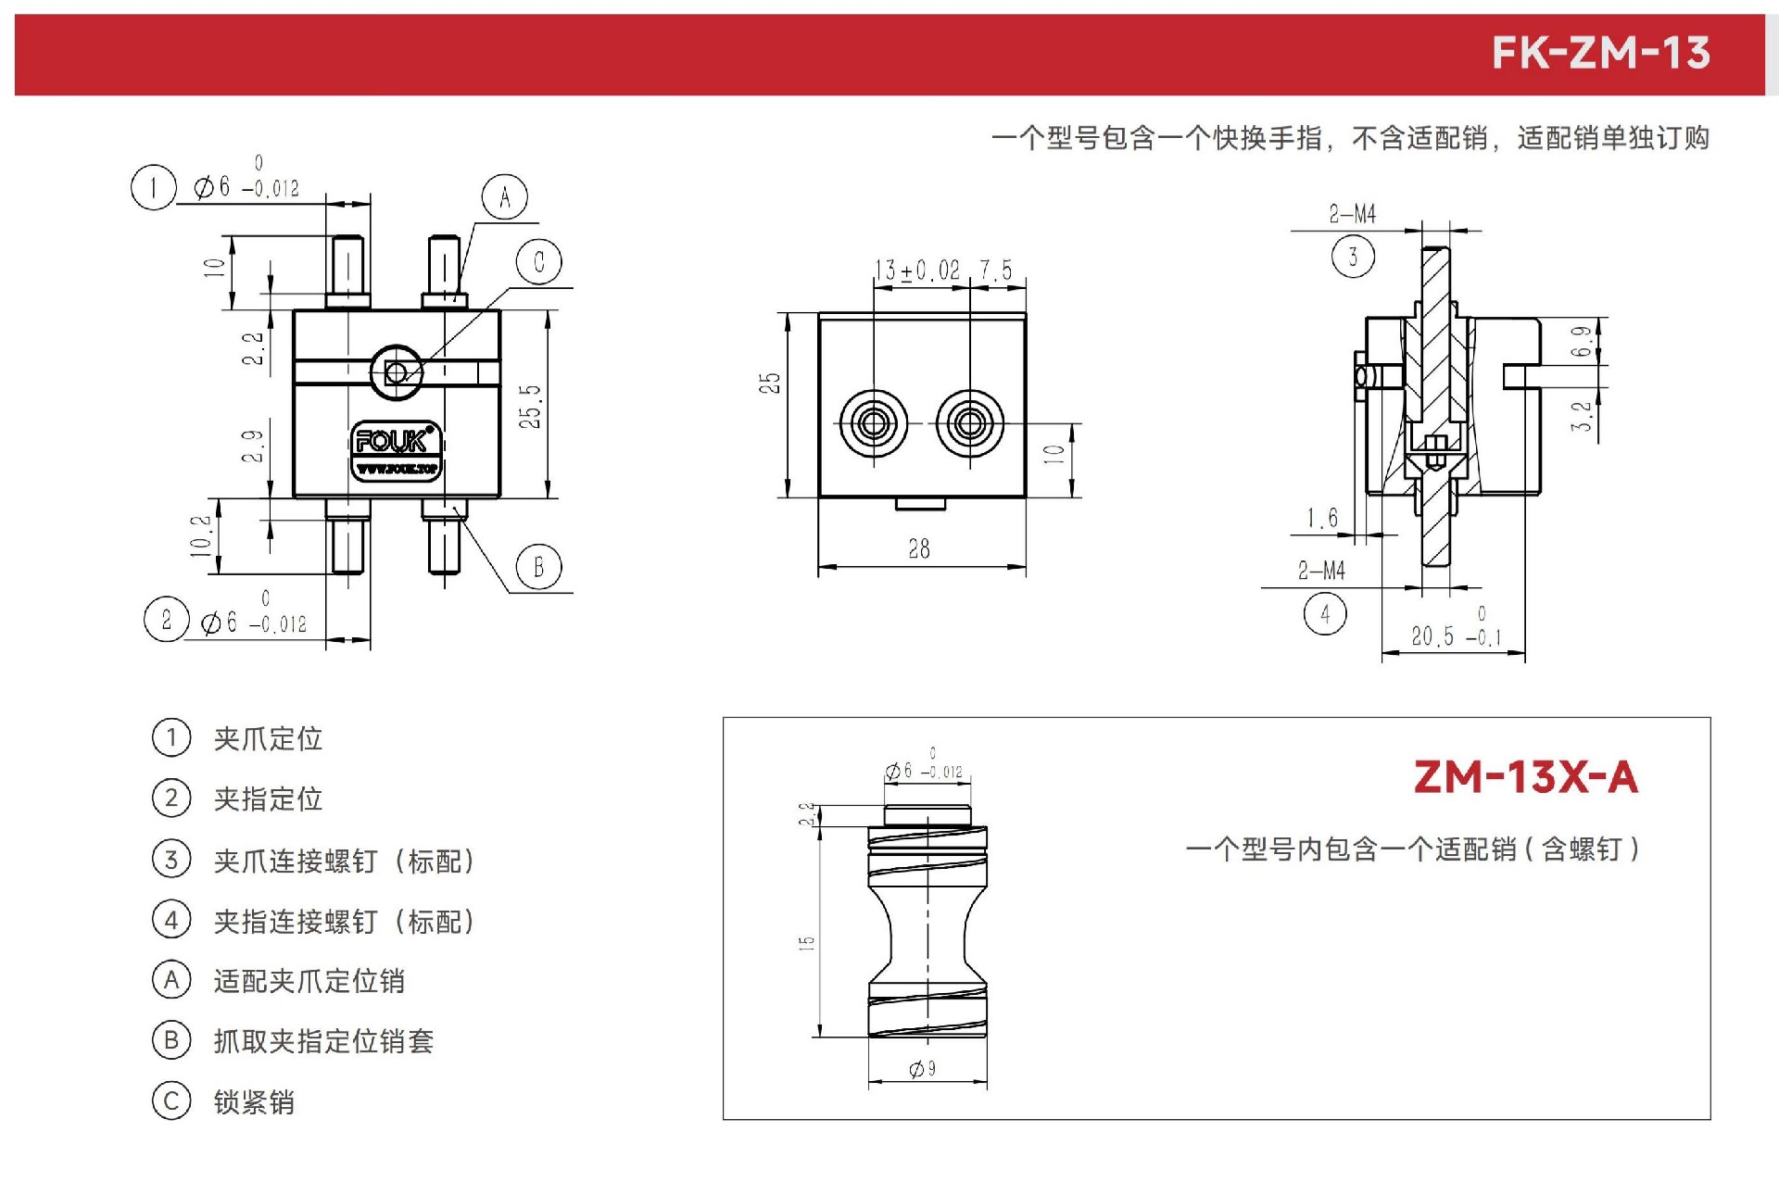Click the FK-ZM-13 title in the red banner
[1600, 53]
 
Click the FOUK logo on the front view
[396, 451]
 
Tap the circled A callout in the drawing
[504, 196]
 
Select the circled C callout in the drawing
[539, 262]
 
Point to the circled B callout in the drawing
[539, 567]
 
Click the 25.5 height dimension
[530, 406]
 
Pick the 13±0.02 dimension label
[917, 270]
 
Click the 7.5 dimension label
[996, 270]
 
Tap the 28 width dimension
[919, 549]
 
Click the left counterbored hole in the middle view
[873, 423]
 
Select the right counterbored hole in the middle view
[969, 423]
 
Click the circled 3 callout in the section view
[1353, 257]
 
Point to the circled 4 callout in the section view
[1325, 613]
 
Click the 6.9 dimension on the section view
[1582, 341]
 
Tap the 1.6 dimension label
[1322, 518]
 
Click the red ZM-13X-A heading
[1526, 777]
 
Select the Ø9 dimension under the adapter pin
[923, 1069]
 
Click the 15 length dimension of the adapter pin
[807, 943]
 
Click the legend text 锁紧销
[254, 1102]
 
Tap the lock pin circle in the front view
[397, 372]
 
